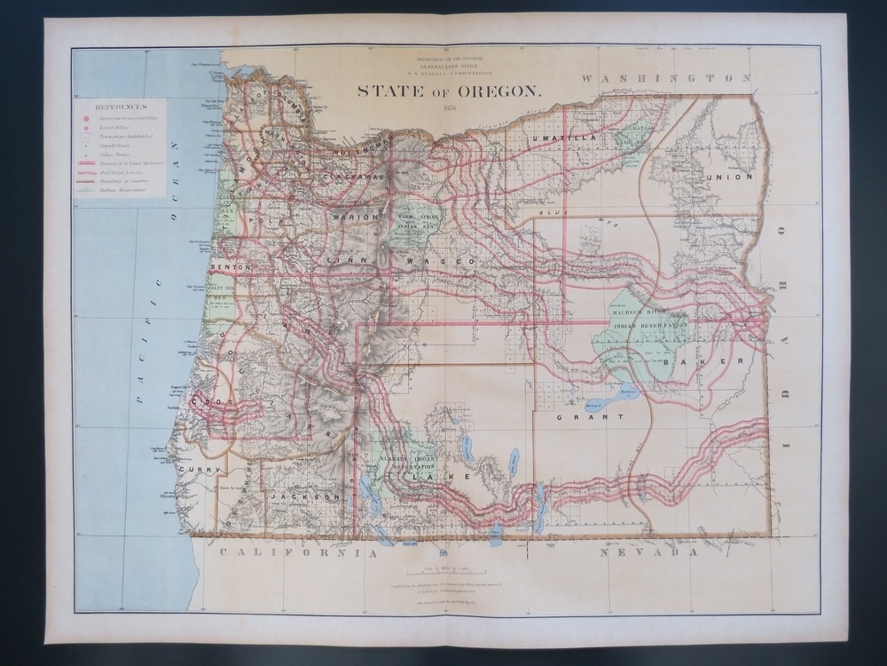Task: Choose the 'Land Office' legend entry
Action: point(116,127)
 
